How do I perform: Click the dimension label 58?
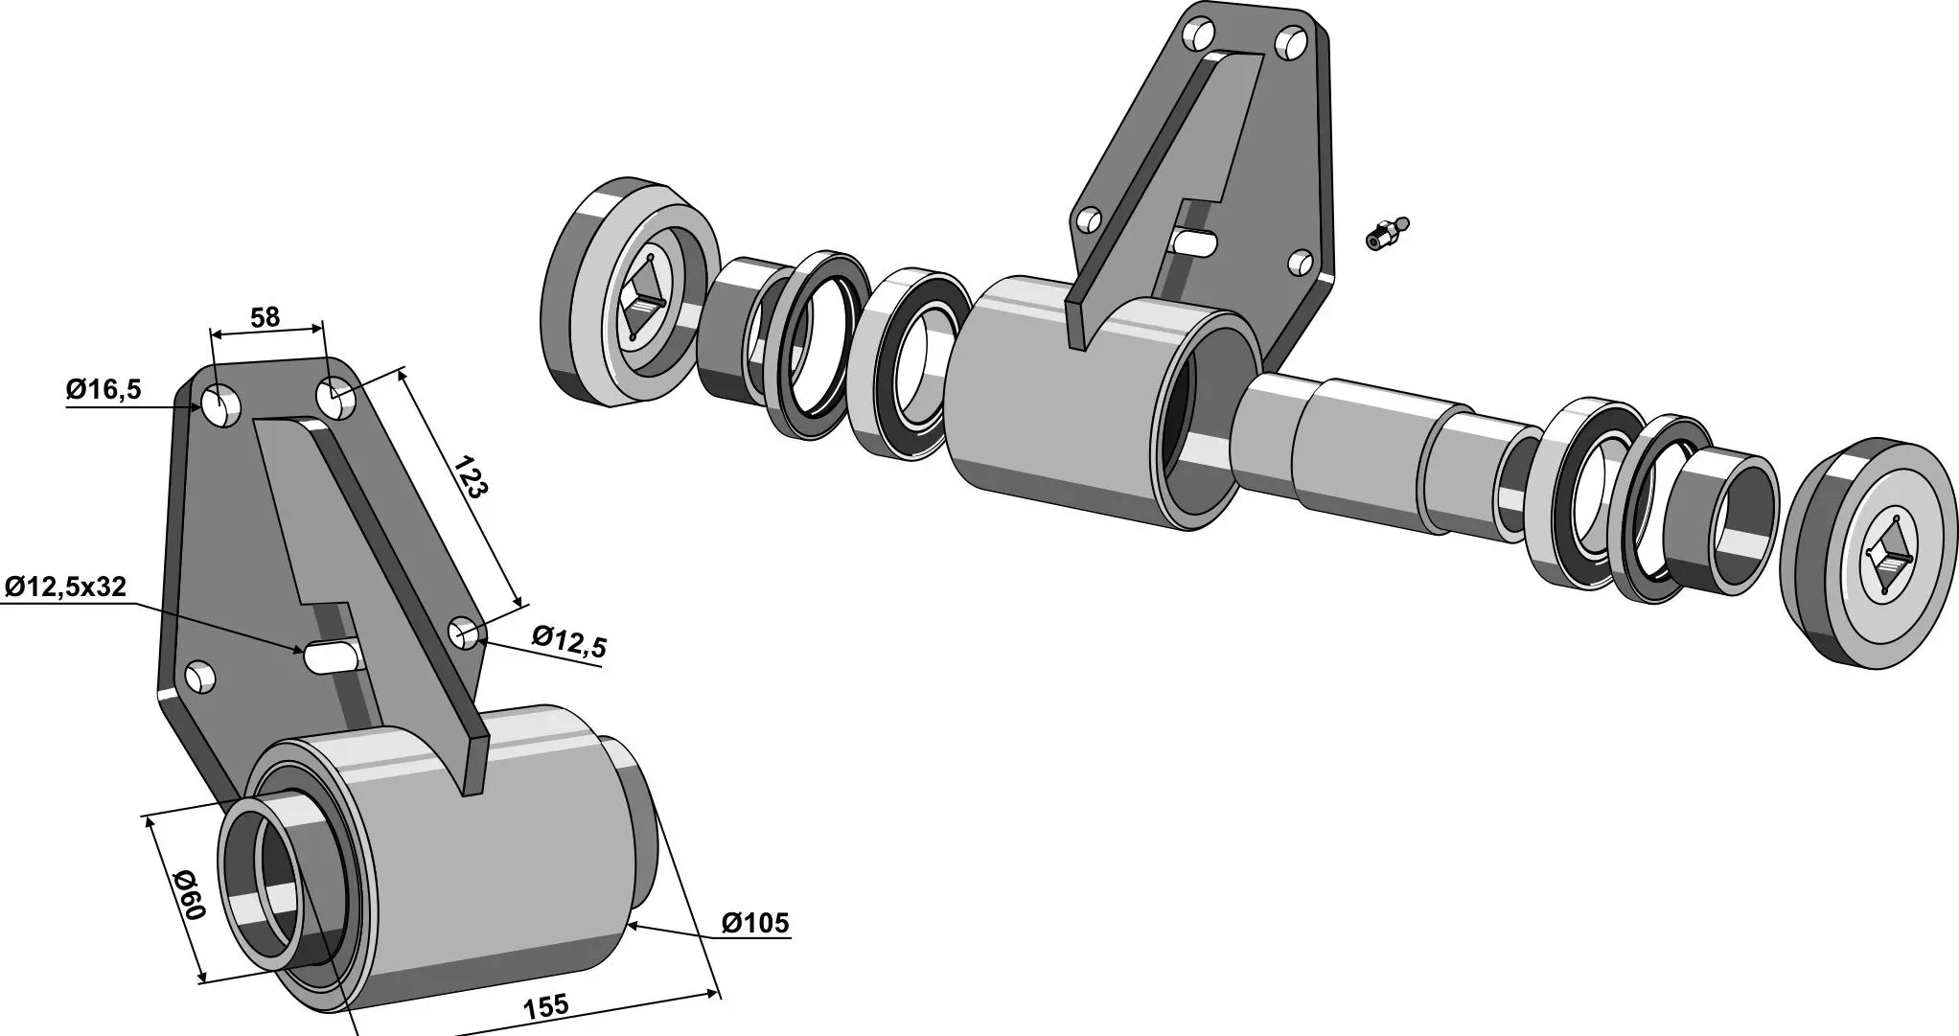(x=265, y=317)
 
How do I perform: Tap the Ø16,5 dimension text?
(x=104, y=389)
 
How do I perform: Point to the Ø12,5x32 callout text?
(x=65, y=587)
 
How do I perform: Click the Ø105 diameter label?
(x=755, y=923)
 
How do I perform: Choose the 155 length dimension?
(x=546, y=1006)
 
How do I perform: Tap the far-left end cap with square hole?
(x=632, y=290)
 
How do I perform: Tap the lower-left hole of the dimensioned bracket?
(x=200, y=676)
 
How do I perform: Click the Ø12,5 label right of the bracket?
(x=569, y=641)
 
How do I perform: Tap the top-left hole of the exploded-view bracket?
(x=1197, y=36)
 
